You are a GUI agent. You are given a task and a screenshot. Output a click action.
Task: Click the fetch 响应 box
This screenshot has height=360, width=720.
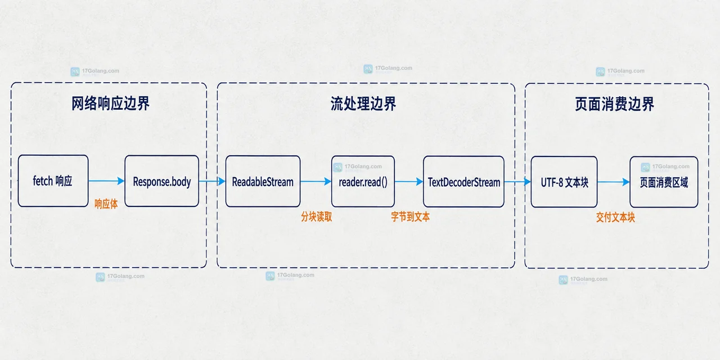click(x=53, y=181)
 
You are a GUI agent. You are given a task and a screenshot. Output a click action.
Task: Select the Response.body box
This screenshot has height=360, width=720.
click(x=161, y=181)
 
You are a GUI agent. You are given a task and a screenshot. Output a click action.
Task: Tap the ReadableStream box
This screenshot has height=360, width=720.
click(x=263, y=181)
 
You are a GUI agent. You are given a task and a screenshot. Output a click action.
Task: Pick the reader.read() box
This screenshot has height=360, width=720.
click(x=363, y=182)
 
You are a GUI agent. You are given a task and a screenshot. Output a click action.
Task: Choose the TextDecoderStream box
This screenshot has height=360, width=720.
click(x=463, y=182)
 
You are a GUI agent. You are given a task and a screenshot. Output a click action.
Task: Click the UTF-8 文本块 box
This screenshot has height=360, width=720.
click(x=564, y=182)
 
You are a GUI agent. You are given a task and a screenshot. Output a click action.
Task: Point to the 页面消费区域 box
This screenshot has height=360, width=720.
click(x=664, y=182)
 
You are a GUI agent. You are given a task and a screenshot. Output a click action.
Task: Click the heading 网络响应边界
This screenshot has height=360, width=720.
click(x=110, y=103)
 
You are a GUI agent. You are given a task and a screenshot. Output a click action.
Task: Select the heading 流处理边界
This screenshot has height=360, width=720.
click(x=363, y=104)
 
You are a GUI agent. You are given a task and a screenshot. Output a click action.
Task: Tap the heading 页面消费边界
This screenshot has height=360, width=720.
click(x=614, y=104)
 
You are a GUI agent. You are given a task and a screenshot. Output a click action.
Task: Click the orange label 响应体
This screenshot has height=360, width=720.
click(x=106, y=204)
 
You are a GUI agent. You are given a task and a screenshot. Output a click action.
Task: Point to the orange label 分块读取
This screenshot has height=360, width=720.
click(x=317, y=217)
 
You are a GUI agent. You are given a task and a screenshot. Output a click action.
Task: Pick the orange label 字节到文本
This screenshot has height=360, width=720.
click(x=411, y=217)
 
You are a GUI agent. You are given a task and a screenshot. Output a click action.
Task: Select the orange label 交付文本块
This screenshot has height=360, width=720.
click(x=615, y=218)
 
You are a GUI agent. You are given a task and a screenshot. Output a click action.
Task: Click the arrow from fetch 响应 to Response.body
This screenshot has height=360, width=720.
click(x=106, y=181)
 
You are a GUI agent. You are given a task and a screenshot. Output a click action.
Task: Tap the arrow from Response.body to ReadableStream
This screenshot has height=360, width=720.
click(x=212, y=181)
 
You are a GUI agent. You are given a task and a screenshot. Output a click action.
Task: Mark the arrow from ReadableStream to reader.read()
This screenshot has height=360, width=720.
click(x=316, y=182)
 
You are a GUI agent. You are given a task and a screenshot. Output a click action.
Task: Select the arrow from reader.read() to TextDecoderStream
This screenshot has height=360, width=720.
click(x=409, y=182)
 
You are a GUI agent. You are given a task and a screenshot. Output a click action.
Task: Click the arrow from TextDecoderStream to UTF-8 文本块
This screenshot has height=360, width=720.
click(x=517, y=182)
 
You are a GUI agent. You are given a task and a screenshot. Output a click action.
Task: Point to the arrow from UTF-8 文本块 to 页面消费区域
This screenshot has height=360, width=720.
click(x=614, y=182)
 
